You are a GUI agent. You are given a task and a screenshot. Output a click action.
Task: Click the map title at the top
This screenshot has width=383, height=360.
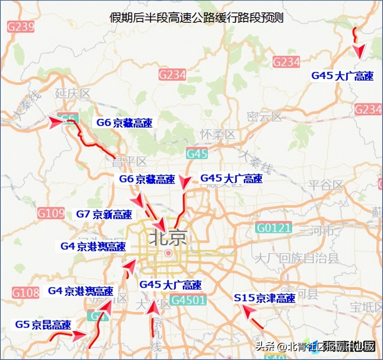(197, 18)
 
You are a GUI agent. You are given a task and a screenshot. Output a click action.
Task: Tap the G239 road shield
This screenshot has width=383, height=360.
(20, 27)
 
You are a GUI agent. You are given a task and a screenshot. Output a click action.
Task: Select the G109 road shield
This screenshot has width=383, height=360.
(51, 213)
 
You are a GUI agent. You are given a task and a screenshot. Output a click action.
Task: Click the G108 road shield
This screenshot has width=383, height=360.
(25, 293)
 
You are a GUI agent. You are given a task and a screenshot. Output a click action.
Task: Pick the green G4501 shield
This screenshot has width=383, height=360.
(188, 301)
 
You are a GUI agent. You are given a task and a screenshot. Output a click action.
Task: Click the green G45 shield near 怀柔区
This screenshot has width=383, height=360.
(197, 154)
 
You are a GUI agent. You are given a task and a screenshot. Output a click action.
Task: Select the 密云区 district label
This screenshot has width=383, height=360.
(264, 117)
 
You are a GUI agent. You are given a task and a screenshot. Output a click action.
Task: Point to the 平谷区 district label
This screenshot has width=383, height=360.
(326, 185)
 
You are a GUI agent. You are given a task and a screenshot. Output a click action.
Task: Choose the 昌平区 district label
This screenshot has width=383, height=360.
(129, 162)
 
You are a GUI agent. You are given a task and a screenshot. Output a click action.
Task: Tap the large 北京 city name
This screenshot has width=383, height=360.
(168, 238)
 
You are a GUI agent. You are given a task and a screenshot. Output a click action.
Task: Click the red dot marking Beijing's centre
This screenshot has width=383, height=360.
(168, 253)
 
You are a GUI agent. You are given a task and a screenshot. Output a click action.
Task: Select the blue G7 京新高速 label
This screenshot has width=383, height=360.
(104, 214)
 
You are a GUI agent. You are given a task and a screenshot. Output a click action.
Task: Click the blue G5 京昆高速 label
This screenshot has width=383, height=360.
(43, 325)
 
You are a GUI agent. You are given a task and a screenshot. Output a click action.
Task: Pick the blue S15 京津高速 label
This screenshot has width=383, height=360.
(265, 298)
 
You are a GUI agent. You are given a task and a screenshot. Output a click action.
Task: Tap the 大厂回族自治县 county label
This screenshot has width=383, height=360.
(297, 258)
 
